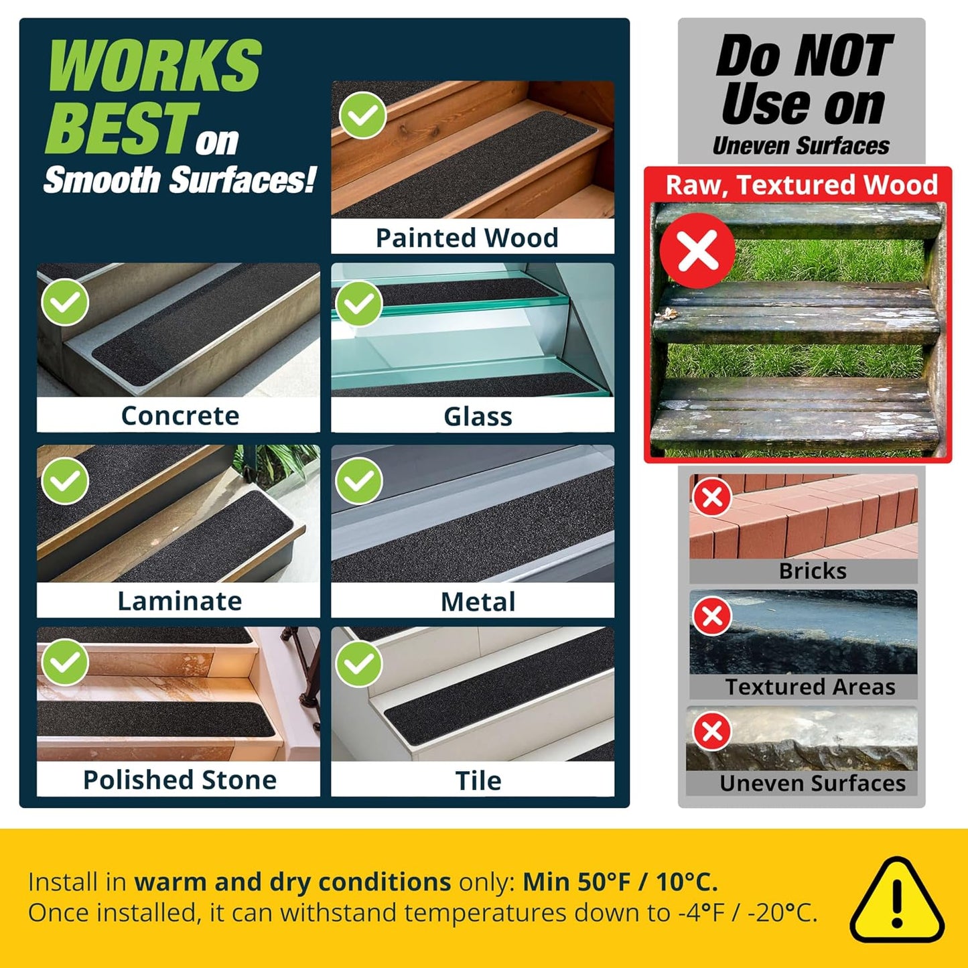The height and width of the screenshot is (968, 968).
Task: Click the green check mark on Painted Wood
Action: [x=362, y=115]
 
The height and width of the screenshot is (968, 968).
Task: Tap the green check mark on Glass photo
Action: [x=358, y=303]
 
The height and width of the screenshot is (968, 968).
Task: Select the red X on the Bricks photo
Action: [x=712, y=497]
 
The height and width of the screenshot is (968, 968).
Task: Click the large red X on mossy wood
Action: [x=698, y=250]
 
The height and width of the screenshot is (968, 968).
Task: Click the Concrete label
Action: [x=180, y=415]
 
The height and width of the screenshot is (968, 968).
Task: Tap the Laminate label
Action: [x=180, y=601]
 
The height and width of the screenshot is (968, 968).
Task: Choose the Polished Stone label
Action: [x=180, y=780]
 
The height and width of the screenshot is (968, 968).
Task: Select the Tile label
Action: [x=478, y=780]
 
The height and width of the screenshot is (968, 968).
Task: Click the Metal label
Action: [x=478, y=602]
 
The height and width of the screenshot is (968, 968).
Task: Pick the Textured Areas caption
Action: [x=811, y=687]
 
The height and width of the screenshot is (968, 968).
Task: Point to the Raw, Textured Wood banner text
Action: [x=802, y=184]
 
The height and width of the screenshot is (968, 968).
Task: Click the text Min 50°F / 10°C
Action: [x=620, y=882]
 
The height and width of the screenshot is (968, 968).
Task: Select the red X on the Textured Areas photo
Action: [x=712, y=616]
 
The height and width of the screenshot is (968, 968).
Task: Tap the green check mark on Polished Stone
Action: [x=65, y=662]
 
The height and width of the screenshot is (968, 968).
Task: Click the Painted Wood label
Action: [x=467, y=238]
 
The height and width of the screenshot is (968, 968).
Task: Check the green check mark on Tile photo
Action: [x=358, y=664]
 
